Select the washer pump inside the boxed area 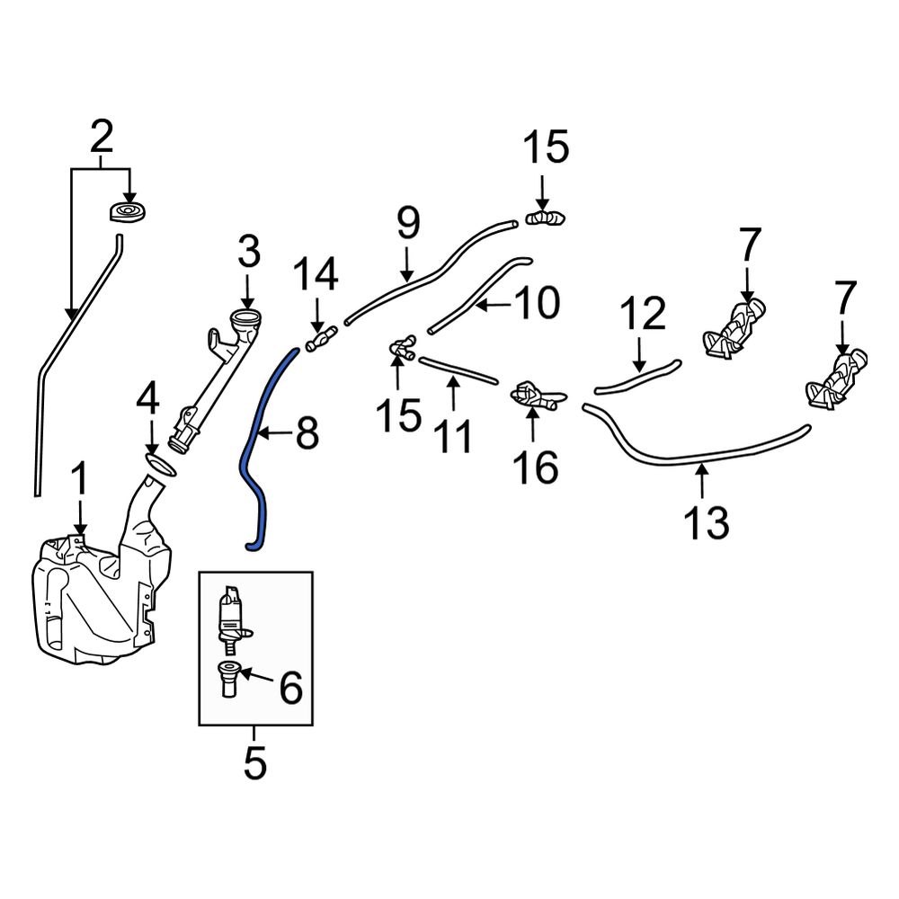232,617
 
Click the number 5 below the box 255,764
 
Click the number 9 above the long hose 407,222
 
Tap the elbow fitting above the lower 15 400,349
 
